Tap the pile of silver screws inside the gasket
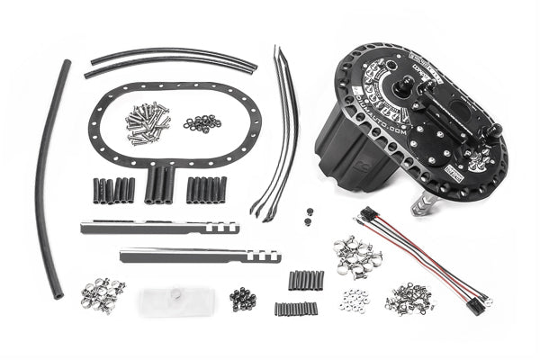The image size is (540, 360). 146,121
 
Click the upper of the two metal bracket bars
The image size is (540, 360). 157,227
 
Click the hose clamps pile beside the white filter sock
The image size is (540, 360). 103,289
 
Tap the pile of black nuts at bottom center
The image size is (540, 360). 242,297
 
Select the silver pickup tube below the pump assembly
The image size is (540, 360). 420,205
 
